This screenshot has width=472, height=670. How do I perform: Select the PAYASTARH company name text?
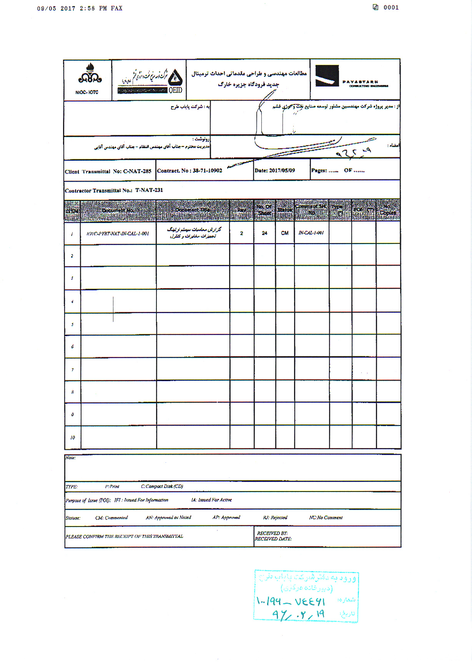tap(360, 82)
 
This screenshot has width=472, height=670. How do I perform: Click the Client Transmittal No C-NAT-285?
tap(108, 172)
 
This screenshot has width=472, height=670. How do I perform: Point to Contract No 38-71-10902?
tap(189, 171)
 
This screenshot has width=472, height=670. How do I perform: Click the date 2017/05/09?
tap(274, 170)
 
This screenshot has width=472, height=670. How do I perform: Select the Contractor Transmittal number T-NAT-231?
tap(114, 190)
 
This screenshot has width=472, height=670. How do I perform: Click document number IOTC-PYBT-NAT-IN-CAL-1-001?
tap(118, 233)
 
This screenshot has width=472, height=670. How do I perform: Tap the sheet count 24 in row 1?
tap(264, 233)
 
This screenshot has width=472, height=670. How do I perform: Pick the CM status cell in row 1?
tap(285, 233)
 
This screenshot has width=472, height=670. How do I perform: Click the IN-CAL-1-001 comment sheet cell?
tap(311, 233)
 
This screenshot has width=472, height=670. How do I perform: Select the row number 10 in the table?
tap(72, 438)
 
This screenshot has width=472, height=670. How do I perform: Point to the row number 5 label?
tap(72, 325)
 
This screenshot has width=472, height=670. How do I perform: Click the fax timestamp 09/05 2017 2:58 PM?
tap(80, 8)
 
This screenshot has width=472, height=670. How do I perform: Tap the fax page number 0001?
tap(391, 7)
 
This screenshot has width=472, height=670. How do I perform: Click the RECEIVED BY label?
tap(272, 533)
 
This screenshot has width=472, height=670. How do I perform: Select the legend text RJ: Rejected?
tap(275, 518)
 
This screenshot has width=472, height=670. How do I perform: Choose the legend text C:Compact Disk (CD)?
tap(162, 487)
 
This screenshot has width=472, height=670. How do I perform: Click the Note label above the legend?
tap(70, 458)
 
